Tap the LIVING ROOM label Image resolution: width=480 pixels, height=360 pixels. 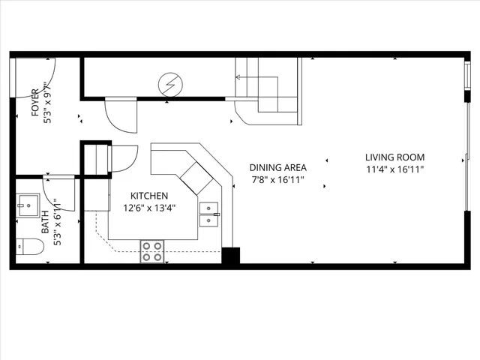(394, 157)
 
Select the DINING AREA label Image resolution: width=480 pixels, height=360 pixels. (276, 168)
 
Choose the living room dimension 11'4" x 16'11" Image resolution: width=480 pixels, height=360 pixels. (394, 170)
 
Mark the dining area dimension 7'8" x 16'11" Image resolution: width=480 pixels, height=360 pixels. (277, 181)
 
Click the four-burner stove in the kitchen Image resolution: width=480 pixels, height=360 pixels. (152, 250)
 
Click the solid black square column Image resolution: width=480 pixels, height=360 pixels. (230, 256)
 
